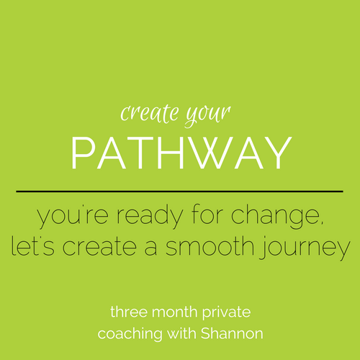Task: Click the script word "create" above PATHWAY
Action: coord(150,114)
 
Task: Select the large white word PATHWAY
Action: coord(181,153)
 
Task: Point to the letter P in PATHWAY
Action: coord(82,153)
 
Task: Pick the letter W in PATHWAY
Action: coord(214,153)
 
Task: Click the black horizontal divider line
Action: coord(179,192)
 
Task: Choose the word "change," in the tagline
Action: coord(277,215)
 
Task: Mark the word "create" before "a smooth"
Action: coord(99,247)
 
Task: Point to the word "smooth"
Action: coord(210,246)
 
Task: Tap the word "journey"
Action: coord(305,247)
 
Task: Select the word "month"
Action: coord(175,312)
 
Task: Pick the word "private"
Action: coord(226,313)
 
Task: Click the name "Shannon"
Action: coord(232,333)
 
